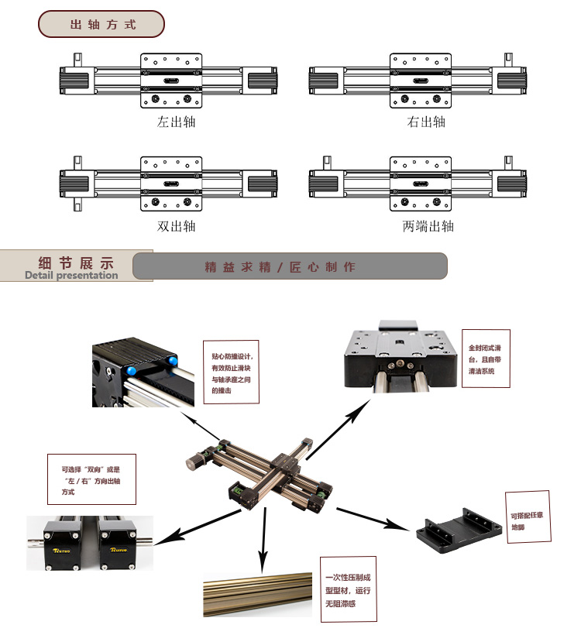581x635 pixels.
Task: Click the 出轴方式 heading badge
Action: (x=101, y=24)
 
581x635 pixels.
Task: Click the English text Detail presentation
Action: (x=71, y=275)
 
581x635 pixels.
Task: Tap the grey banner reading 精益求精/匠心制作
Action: (x=290, y=266)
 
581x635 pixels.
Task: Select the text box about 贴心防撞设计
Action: (x=230, y=372)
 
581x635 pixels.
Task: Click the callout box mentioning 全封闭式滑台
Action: (x=487, y=360)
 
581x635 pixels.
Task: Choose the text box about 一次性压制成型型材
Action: (x=349, y=589)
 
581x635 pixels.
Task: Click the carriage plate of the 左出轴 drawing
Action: (x=172, y=81)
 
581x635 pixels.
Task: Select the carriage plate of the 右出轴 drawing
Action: (x=421, y=81)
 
